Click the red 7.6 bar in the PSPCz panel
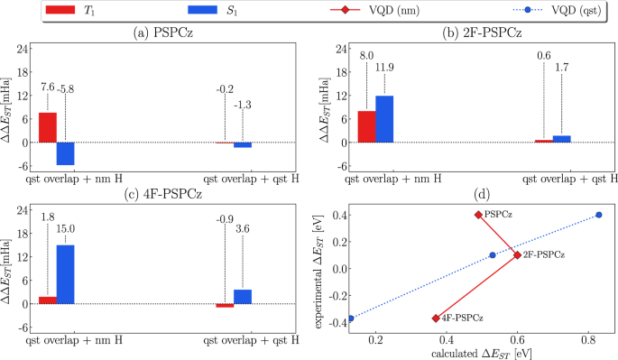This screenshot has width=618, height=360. (47, 127)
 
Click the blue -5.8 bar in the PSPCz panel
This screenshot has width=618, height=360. (65, 153)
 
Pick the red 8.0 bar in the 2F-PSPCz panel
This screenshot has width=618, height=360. (366, 126)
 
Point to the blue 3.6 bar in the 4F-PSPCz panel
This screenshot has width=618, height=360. (243, 296)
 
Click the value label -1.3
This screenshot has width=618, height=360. (244, 106)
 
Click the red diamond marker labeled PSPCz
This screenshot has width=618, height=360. (478, 215)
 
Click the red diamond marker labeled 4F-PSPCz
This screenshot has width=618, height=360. (436, 318)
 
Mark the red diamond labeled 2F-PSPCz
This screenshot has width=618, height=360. (517, 255)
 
